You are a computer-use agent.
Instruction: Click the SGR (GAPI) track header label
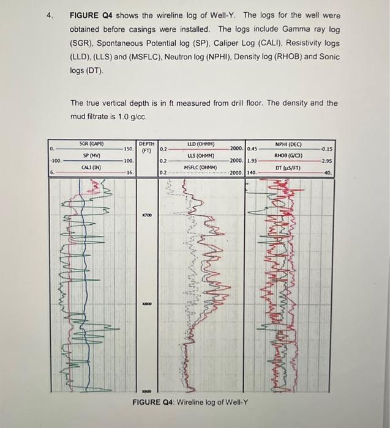point(91,144)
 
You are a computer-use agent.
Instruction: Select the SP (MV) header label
point(91,155)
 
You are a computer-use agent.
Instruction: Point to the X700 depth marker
point(147,216)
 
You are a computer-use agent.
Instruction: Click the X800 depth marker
point(147,302)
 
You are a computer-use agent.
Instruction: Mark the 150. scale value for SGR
point(129,149)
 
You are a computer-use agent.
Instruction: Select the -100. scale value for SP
point(56,160)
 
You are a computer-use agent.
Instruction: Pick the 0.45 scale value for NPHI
point(255,149)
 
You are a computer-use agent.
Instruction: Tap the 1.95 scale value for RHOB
point(255,160)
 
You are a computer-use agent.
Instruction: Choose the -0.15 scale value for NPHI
point(326,149)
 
